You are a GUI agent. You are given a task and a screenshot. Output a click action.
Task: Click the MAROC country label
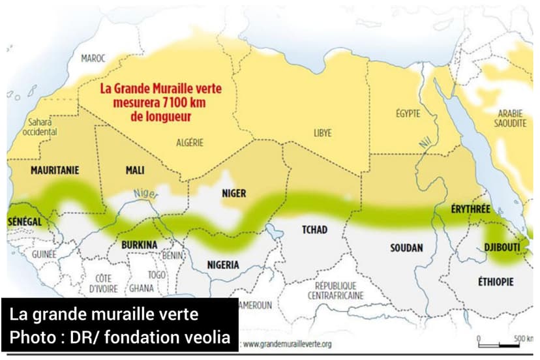click(93, 59)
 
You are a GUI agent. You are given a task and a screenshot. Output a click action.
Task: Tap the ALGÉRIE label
click(190, 142)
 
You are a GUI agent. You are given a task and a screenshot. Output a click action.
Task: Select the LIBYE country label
click(322, 132)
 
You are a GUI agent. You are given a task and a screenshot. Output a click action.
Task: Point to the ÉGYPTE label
click(408, 113)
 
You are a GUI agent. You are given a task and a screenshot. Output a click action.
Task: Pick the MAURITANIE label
click(55, 170)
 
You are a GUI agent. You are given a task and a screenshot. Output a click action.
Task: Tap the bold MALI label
click(134, 170)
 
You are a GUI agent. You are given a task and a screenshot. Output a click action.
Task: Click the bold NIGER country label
click(233, 193)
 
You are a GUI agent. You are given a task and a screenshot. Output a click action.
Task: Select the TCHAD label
click(314, 230)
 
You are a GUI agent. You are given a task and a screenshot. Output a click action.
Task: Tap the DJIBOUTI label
click(502, 247)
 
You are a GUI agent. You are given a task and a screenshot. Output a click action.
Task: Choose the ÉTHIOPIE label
click(496, 282)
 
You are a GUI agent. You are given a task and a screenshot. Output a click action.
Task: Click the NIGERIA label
click(223, 265)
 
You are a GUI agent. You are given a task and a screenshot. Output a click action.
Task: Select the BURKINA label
click(139, 245)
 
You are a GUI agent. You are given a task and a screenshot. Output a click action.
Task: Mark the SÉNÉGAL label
click(24, 222)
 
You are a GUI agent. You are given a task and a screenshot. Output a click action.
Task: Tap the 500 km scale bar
click(498, 344)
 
